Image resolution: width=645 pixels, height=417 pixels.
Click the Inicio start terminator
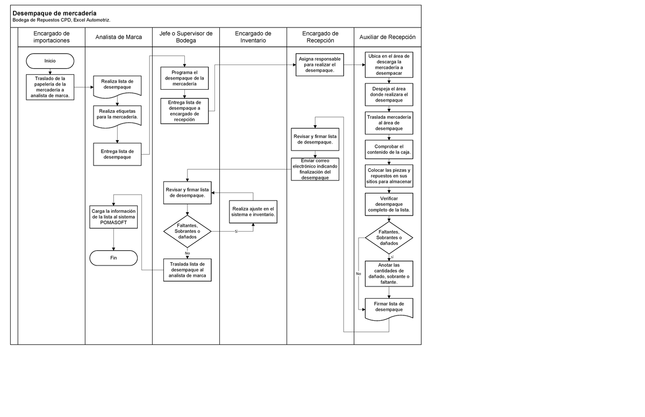click(x=50, y=61)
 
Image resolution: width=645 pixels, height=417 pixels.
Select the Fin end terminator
click(x=113, y=258)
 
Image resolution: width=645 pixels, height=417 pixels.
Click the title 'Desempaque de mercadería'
click(x=55, y=13)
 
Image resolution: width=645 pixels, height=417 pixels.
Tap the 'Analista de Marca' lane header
click(x=118, y=37)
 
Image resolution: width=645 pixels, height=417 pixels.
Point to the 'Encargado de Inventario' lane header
click(x=253, y=37)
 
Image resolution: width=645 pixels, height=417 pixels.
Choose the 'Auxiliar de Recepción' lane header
click(x=387, y=37)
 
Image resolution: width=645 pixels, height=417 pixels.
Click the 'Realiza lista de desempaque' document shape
click(x=117, y=85)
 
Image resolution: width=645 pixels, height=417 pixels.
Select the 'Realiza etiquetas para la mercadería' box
click(x=117, y=114)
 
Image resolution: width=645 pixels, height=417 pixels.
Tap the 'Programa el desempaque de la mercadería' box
click(x=184, y=78)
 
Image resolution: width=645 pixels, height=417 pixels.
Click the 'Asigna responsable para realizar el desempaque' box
click(x=319, y=65)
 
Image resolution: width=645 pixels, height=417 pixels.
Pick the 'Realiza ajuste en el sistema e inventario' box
click(x=253, y=211)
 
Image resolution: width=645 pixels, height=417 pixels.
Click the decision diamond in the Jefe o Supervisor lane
click(x=187, y=232)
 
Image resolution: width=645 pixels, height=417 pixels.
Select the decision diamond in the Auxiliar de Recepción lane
click(x=389, y=238)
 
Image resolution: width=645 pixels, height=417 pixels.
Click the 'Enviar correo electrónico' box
click(x=315, y=169)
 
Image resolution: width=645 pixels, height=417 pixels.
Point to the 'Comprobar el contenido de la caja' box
click(x=389, y=149)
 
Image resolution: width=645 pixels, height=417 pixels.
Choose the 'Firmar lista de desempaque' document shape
click(x=389, y=307)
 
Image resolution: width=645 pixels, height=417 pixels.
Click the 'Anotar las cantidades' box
click(x=389, y=273)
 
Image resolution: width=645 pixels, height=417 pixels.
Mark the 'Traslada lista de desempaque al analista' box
click(x=187, y=270)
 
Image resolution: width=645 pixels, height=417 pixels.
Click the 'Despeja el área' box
click(x=389, y=94)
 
